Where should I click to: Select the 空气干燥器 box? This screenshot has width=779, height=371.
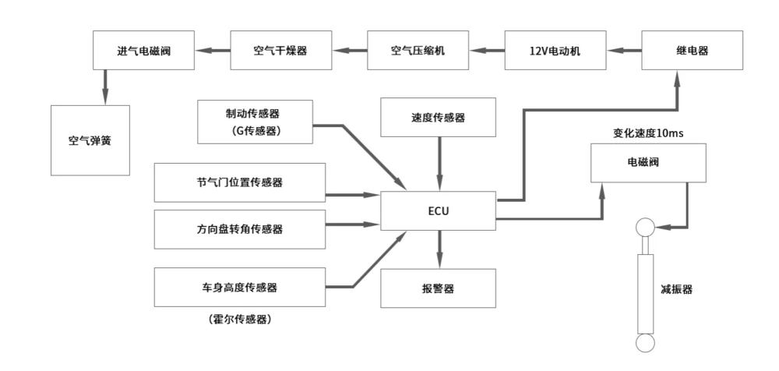(280, 51)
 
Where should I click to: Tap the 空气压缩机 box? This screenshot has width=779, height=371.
(418, 51)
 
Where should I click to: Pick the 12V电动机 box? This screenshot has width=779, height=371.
(555, 51)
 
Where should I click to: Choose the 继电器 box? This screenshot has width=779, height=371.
(693, 51)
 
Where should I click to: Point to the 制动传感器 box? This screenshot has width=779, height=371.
(256, 122)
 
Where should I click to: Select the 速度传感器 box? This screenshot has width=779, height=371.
(438, 118)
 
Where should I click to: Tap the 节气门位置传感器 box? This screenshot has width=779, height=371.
(238, 183)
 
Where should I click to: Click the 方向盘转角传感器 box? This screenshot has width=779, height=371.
(238, 229)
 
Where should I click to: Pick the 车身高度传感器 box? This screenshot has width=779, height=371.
(238, 287)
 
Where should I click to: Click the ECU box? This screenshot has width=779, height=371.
(438, 210)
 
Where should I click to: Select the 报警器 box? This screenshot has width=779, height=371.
(438, 288)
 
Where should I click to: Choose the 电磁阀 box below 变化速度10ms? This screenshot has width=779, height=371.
(648, 163)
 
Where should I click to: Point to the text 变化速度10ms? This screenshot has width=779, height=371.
(647, 133)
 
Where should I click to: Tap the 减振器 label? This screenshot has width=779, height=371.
(675, 289)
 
